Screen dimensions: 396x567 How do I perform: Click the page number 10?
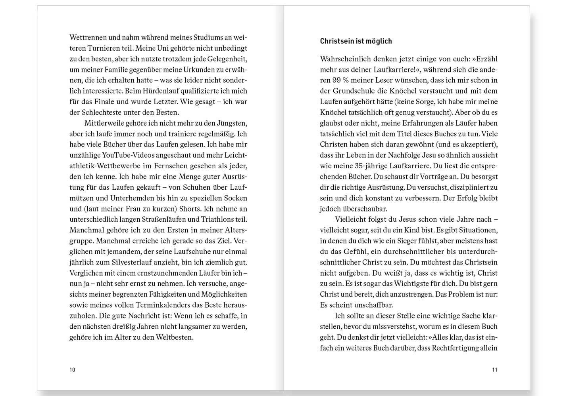pyautogui.click(x=72, y=370)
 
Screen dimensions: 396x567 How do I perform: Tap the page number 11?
pyautogui.click(x=494, y=370)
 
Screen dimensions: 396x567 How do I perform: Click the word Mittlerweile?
pyautogui.click(x=104, y=123)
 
